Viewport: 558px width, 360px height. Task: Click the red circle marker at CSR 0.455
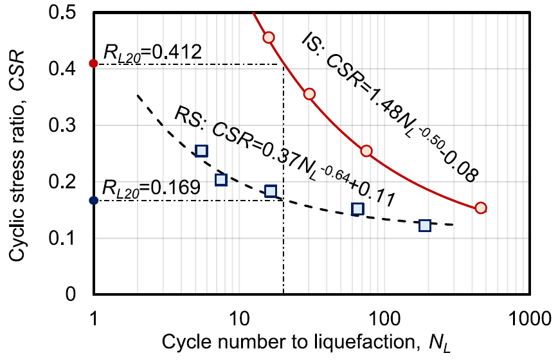pos(269,37)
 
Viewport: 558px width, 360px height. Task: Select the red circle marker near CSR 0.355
pos(309,94)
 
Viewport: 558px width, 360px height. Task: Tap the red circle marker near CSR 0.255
pos(366,151)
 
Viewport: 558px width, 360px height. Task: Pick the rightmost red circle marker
pos(481,208)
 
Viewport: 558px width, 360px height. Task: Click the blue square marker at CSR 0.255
pos(201,151)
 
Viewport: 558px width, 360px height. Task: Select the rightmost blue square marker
pos(425,225)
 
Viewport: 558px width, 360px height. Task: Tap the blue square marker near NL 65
pos(357,208)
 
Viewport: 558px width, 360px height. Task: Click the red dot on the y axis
pos(94,64)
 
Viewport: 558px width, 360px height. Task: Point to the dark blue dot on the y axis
pos(94,201)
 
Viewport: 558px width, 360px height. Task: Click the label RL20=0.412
pos(153,51)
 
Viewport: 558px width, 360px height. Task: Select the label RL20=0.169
pos(153,188)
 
